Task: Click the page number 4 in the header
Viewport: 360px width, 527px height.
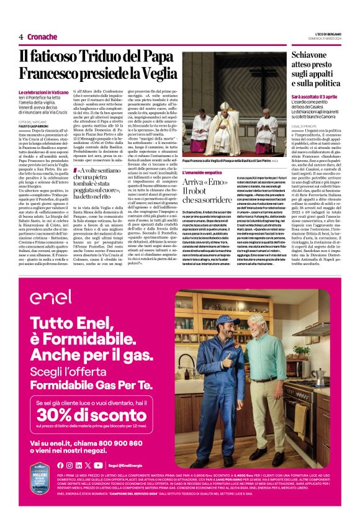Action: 21,36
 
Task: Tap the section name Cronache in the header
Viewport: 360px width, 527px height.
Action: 43,36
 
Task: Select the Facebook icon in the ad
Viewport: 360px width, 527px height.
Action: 60,465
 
